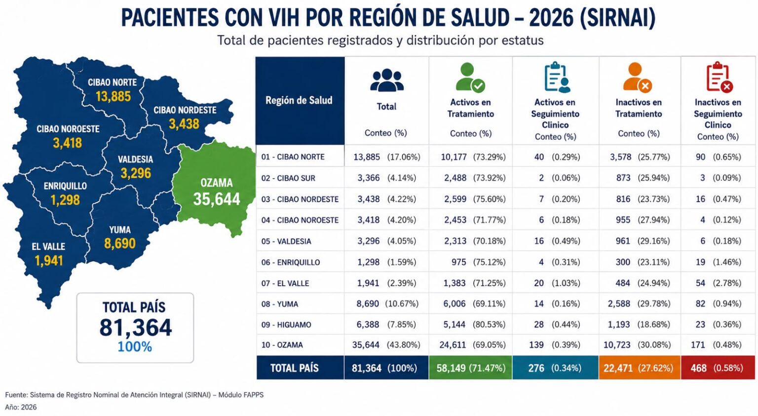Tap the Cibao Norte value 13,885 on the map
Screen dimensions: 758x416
click(113, 96)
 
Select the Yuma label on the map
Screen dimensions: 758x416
click(120, 230)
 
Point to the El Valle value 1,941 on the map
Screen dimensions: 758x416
click(49, 261)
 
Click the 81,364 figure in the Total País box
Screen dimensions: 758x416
click(136, 327)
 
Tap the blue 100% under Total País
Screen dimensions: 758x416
click(135, 347)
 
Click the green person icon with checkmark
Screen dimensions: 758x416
click(470, 77)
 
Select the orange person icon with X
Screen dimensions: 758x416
click(637, 77)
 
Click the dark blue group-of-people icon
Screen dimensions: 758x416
click(387, 80)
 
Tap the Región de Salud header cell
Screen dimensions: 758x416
click(300, 101)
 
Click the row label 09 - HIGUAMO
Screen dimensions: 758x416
click(286, 325)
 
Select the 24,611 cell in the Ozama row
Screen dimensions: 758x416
click(453, 345)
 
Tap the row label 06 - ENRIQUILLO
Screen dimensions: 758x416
click(290, 263)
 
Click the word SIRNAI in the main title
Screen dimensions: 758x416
click(617, 18)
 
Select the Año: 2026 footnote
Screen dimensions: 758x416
click(21, 407)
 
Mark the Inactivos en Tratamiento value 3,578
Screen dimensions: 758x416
click(621, 157)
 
